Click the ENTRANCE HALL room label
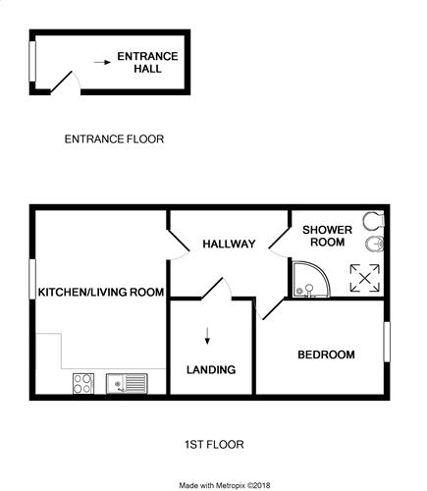[147, 63]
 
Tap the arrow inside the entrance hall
[102, 62]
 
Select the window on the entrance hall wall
[32, 61]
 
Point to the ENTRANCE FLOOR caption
[114, 139]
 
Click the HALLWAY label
[229, 244]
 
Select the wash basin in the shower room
[374, 244]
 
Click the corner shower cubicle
[311, 279]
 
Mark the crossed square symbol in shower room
[365, 278]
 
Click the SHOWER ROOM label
[327, 236]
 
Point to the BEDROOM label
[326, 355]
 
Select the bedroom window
[387, 342]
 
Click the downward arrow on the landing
[207, 336]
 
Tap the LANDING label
[211, 369]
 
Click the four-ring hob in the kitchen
[83, 384]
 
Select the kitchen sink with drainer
[127, 384]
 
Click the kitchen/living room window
[32, 279]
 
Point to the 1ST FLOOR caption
[214, 445]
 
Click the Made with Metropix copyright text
[225, 485]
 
